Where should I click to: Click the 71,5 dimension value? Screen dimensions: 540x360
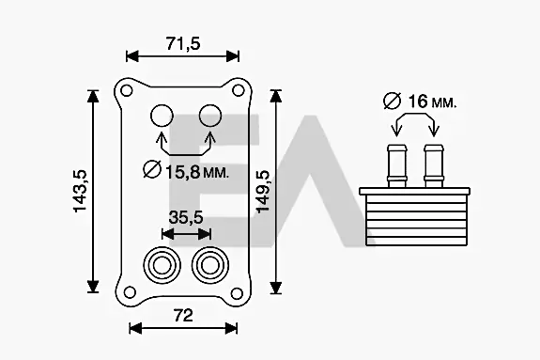coord(183,44)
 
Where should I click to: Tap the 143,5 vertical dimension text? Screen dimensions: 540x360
coord(80,191)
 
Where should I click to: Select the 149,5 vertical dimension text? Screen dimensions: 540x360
coord(264,192)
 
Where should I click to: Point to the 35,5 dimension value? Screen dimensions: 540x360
coord(186,217)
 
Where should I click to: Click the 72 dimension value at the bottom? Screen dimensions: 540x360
coord(183,316)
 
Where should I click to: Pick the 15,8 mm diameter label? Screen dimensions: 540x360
coord(186,170)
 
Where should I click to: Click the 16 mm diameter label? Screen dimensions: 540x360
coord(420,101)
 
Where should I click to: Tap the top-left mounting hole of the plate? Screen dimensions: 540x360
coord(127,91)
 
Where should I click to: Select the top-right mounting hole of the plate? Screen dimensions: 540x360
coord(238,90)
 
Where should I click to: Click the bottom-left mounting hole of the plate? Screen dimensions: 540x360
coord(130,292)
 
